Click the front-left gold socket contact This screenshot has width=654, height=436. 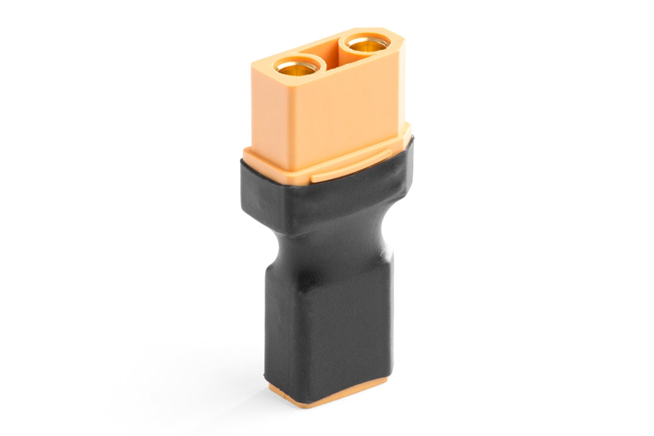tap(297, 68)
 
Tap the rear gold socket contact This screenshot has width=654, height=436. tap(368, 45)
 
